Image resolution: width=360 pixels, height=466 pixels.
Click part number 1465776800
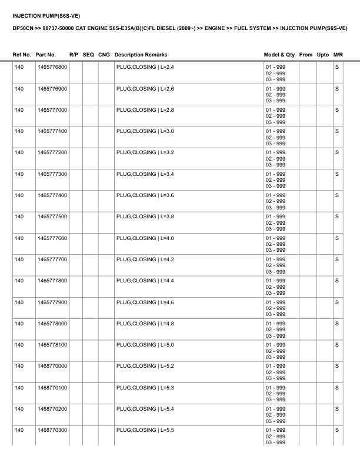click(x=52, y=67)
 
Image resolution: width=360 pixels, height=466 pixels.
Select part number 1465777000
click(x=52, y=110)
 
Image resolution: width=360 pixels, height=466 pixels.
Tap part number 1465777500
click(x=52, y=217)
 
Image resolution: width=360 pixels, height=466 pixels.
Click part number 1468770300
click(x=52, y=430)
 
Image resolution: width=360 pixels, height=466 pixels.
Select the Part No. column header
click(x=46, y=55)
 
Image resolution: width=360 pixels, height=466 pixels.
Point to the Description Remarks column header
click(x=141, y=55)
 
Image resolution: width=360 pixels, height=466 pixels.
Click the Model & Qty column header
click(x=279, y=55)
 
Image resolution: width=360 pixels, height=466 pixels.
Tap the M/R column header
click(x=338, y=55)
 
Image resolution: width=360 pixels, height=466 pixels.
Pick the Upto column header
click(x=323, y=55)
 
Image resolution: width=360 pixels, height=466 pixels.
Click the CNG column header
click(x=104, y=55)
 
